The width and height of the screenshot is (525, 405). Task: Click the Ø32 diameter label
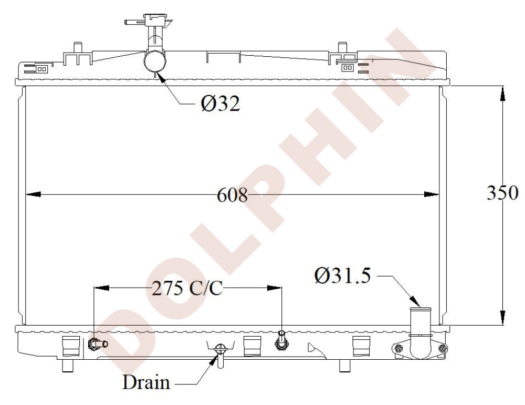[220, 103]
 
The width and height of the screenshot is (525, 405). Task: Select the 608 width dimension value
[232, 195]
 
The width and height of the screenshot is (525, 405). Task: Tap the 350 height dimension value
[502, 193]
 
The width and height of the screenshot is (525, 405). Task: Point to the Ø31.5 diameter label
[342, 276]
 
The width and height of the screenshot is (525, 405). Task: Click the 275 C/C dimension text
[187, 288]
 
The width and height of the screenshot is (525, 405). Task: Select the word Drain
[146, 382]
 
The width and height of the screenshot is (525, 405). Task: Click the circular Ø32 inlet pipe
[155, 61]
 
